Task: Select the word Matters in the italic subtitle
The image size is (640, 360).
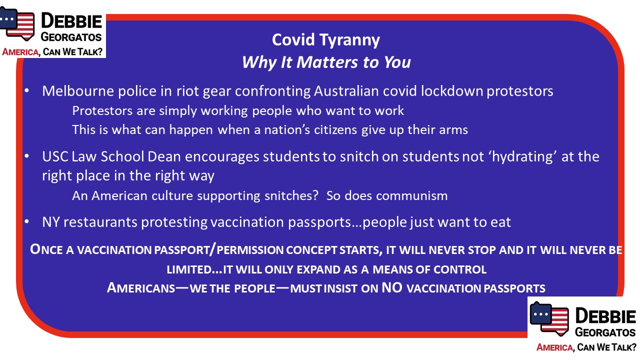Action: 327,62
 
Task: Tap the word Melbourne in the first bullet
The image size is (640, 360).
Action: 78,91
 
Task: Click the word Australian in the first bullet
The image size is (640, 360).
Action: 346,91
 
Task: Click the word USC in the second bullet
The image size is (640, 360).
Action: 55,156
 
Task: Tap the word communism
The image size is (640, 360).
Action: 411,195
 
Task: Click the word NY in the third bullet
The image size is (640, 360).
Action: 51,222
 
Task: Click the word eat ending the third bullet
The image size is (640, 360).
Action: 500,222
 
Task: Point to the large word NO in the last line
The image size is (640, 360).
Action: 392,287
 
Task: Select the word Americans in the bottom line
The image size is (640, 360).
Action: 141,287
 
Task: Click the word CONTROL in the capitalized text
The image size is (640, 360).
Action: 460,269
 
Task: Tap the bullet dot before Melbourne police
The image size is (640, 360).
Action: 27,91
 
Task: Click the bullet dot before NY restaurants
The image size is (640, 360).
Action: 27,221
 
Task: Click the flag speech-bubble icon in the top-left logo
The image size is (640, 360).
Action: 17,23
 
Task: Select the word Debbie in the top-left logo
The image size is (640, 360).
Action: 71,21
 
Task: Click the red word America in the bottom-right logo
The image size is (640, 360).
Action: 554,347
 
